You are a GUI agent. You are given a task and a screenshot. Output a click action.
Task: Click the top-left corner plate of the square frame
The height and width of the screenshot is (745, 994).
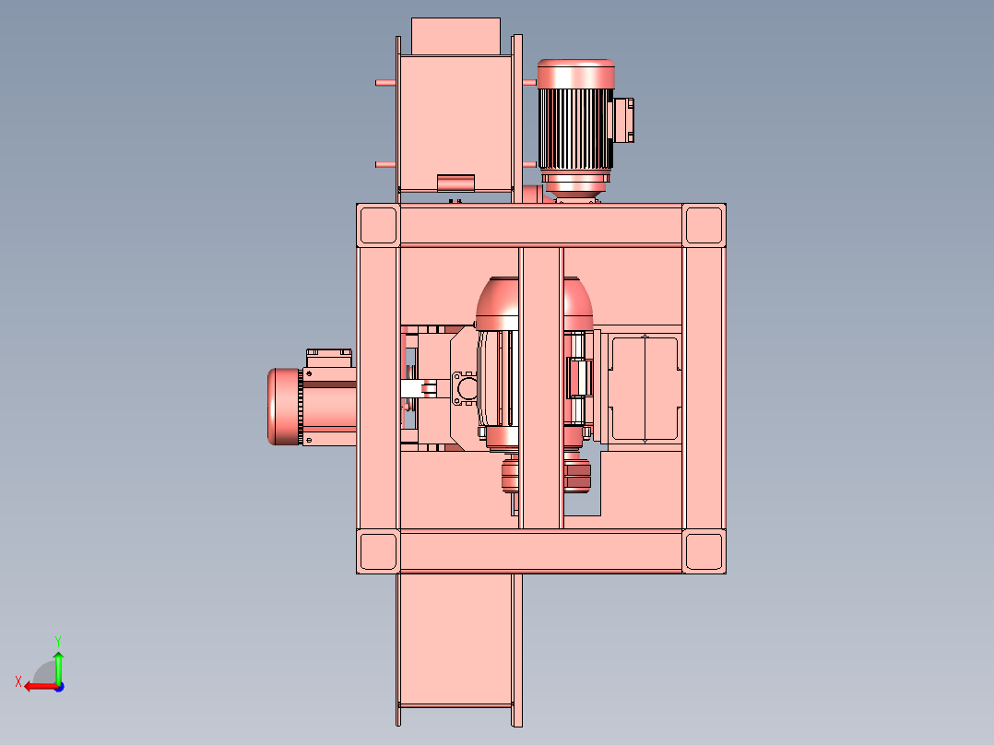378,225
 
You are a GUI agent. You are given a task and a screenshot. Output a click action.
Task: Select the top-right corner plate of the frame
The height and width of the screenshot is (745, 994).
704,225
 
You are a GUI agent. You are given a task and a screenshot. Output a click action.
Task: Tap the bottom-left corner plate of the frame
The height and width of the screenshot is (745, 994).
378,551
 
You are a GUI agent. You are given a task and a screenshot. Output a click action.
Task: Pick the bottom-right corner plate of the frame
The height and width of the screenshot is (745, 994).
704,551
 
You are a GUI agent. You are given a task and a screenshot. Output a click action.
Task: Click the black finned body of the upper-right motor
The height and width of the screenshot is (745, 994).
575,129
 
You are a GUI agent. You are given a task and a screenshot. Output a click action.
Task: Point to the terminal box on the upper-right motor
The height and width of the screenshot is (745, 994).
621,120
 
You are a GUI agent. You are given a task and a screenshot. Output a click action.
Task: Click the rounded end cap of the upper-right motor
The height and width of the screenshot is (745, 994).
575,74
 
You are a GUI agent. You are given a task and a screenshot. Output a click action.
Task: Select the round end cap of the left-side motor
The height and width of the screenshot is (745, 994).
284,407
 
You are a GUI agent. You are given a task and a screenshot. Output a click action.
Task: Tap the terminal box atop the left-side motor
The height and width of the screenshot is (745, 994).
329,358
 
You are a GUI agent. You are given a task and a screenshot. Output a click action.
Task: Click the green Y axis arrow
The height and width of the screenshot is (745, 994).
58,667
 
